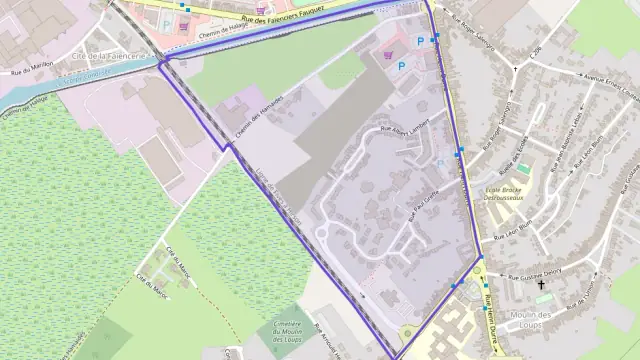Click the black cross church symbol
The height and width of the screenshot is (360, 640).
tap(542, 285)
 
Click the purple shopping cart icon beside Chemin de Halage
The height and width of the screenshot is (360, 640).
tap(261, 10)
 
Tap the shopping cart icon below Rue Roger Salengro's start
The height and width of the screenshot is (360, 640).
tap(388, 56)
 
